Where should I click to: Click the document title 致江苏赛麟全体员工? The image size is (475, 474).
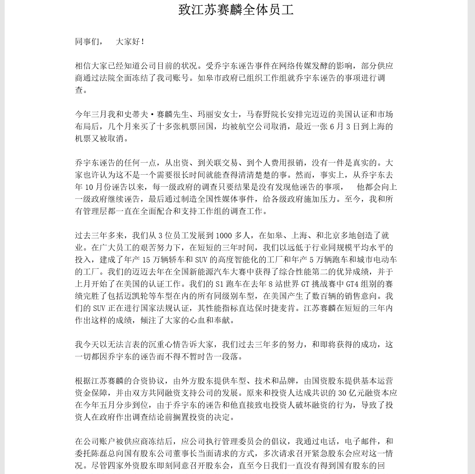coord(236,10)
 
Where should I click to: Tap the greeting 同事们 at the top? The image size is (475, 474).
coord(87,42)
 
